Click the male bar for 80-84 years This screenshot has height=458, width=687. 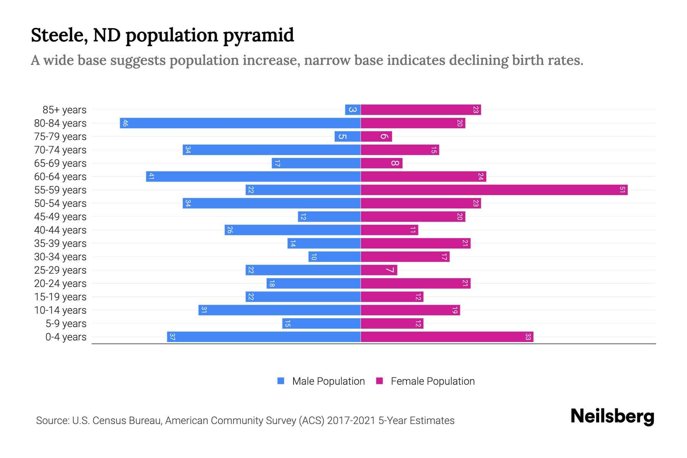point(240,123)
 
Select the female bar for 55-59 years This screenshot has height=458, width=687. point(494,190)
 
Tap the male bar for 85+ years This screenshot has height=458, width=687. point(353,110)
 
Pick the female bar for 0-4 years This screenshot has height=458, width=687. point(447,337)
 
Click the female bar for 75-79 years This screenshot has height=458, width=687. point(376,136)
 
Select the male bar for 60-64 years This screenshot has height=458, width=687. point(253,176)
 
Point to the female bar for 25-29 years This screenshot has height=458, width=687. point(379,270)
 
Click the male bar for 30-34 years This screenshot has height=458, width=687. point(335,256)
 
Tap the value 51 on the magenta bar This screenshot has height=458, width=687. point(622,190)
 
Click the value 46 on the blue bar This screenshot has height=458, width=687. point(125,123)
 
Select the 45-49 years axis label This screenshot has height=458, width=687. point(60,217)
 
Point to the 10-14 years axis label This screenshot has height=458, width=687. point(60,310)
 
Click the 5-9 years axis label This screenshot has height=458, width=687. point(66,324)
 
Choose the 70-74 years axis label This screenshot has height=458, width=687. point(60,150)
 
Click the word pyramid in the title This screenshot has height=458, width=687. point(258,35)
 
